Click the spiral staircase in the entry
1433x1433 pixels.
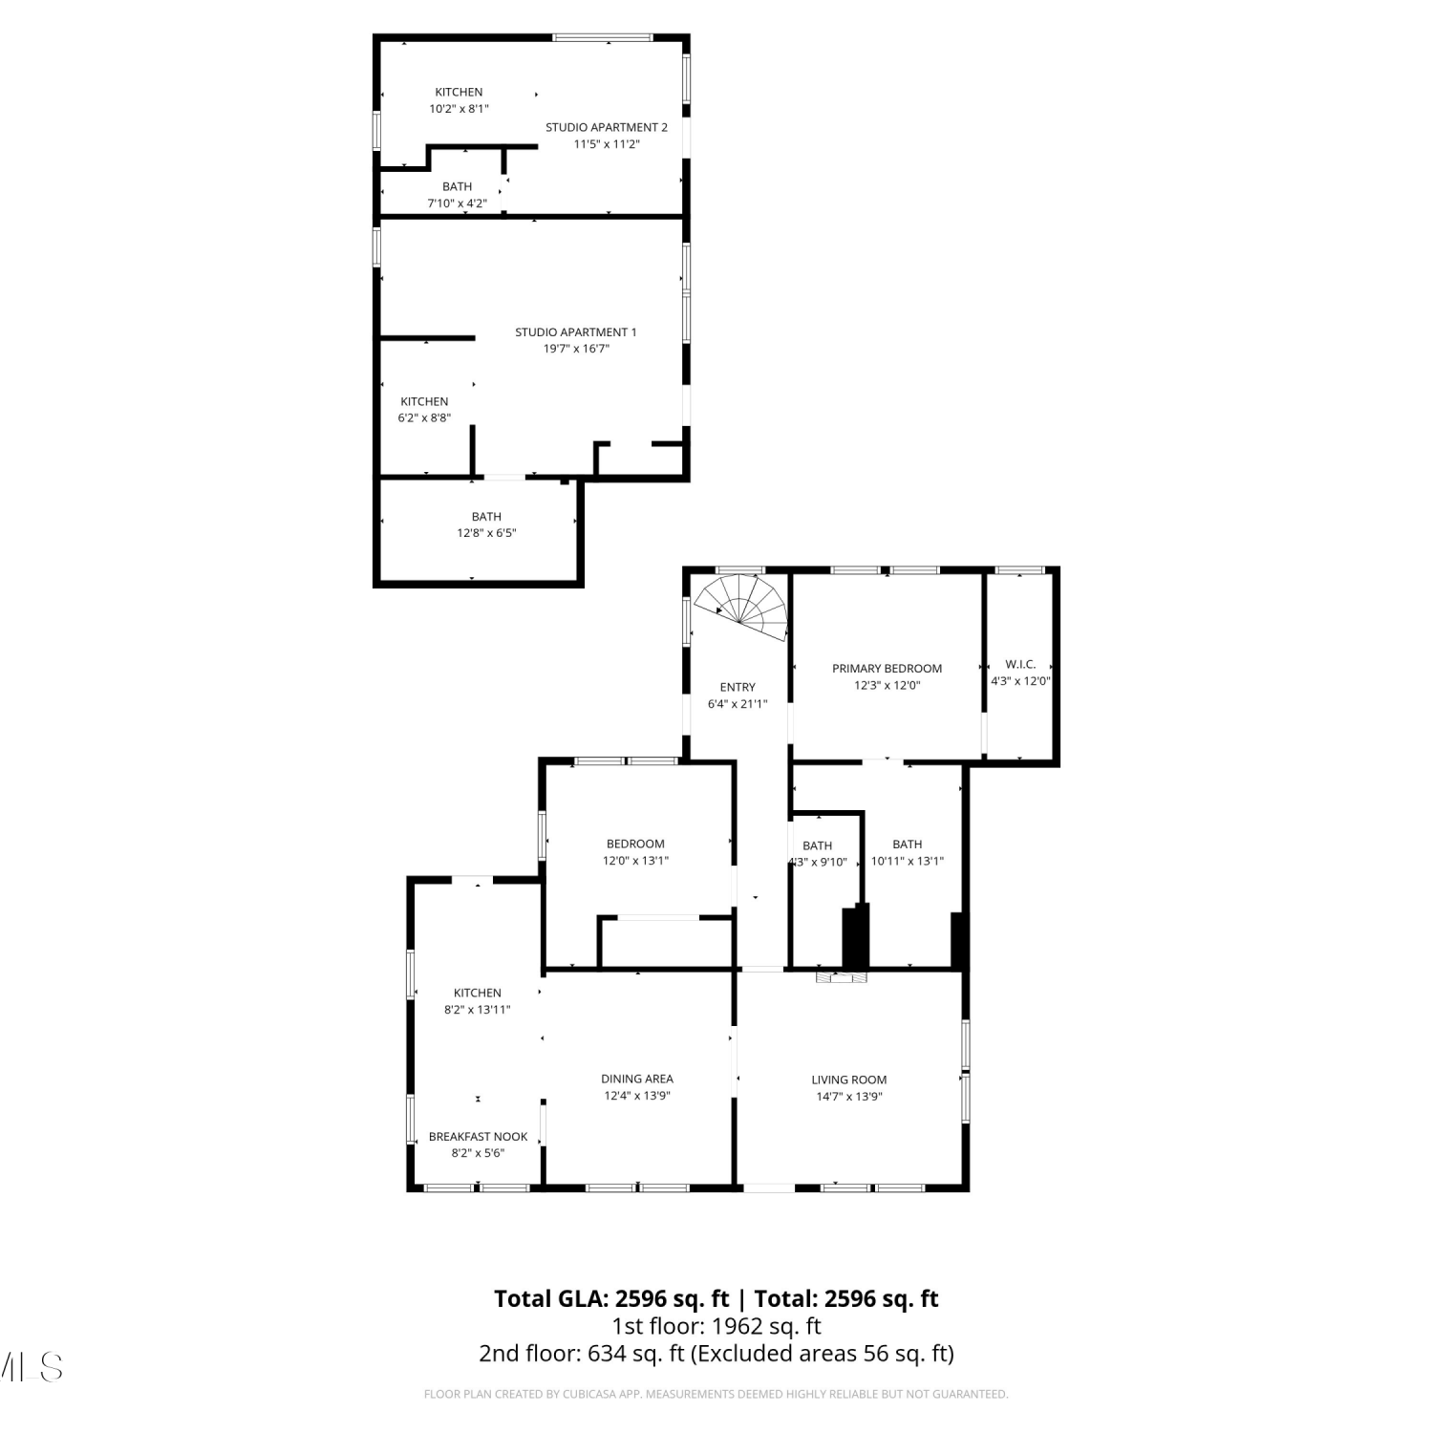[743, 607]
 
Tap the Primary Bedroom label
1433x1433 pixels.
[887, 669]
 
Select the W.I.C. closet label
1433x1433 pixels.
[1020, 664]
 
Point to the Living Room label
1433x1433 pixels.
[849, 1080]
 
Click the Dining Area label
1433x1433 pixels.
[637, 1079]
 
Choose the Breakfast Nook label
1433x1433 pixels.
[478, 1136]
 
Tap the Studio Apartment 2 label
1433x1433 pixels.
[607, 127]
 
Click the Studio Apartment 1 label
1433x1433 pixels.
[576, 332]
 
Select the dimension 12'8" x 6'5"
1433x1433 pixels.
[486, 533]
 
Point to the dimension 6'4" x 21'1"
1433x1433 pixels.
[738, 704]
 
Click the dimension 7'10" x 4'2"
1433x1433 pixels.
[457, 203]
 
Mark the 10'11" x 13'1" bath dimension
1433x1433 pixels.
[908, 861]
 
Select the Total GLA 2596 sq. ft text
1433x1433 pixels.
[611, 1298]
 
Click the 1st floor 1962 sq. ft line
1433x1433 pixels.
[716, 1326]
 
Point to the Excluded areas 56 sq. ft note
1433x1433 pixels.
[822, 1354]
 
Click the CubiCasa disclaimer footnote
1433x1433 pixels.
[716, 1395]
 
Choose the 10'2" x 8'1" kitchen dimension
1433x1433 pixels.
[459, 109]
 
